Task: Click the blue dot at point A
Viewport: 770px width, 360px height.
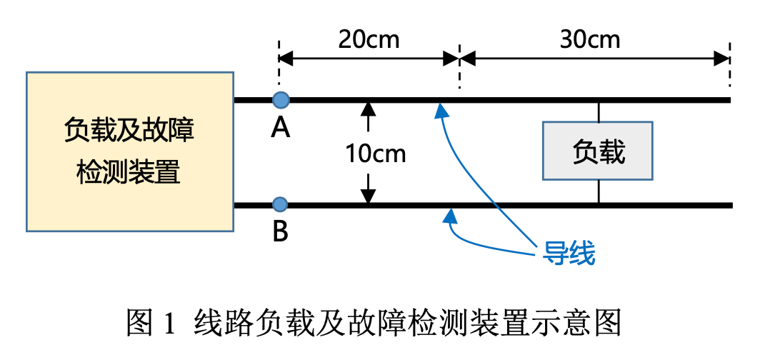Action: [281, 100]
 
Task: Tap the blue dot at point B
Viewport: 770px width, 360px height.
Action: [281, 205]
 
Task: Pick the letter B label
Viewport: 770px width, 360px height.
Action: [281, 231]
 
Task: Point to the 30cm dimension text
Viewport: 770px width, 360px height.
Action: [590, 39]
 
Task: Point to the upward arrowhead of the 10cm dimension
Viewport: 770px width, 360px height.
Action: [368, 109]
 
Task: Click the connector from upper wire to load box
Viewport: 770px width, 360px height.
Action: [598, 111]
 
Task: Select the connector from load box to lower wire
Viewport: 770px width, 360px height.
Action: [598, 191]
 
